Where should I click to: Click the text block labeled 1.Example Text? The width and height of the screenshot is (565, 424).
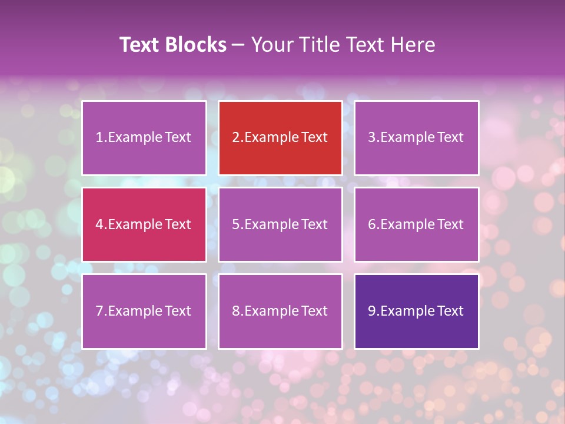[x=144, y=138]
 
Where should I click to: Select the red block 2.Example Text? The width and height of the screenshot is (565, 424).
[x=280, y=138]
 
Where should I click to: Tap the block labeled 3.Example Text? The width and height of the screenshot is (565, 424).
[x=416, y=138]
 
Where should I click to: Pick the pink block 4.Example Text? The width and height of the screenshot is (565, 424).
[x=144, y=224]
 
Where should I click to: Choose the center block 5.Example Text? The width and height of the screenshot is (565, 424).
[x=280, y=224]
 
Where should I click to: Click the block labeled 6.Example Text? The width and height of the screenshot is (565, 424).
[x=416, y=224]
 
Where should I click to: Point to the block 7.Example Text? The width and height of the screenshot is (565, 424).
[x=144, y=311]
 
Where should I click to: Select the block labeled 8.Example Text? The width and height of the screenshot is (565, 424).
[x=280, y=311]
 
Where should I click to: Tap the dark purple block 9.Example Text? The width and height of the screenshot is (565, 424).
[x=416, y=311]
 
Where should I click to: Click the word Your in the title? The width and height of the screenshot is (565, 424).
[x=271, y=45]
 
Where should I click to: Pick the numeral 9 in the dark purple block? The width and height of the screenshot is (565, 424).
[x=372, y=311]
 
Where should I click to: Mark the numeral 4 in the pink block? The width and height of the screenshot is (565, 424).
[x=99, y=224]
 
